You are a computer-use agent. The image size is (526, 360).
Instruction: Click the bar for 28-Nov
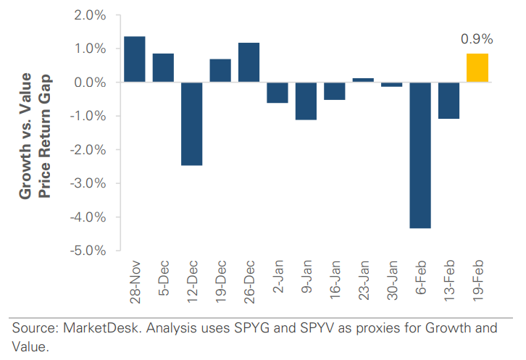pos(134,59)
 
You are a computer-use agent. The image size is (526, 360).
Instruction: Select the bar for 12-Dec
pos(191,124)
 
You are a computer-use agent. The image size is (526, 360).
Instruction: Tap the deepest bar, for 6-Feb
pos(420,155)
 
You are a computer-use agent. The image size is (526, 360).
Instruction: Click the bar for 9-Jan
pos(306,101)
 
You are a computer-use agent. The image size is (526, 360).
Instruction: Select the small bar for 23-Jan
pos(363,80)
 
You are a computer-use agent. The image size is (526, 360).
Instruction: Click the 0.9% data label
pos(477,39)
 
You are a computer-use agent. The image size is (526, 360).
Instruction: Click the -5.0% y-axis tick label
pos(88,251)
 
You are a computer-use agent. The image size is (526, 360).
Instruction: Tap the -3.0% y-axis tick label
pos(88,183)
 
